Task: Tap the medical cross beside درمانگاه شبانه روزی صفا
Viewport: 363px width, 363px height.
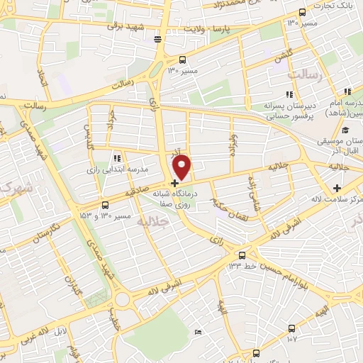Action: [x=174, y=183]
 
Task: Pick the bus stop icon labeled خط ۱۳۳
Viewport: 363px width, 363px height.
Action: [x=243, y=255]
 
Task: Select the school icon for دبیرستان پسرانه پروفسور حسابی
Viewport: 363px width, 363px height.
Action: [x=289, y=94]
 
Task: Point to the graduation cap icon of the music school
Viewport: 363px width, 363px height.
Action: [x=345, y=130]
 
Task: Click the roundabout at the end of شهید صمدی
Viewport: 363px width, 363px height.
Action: [x=123, y=298]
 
